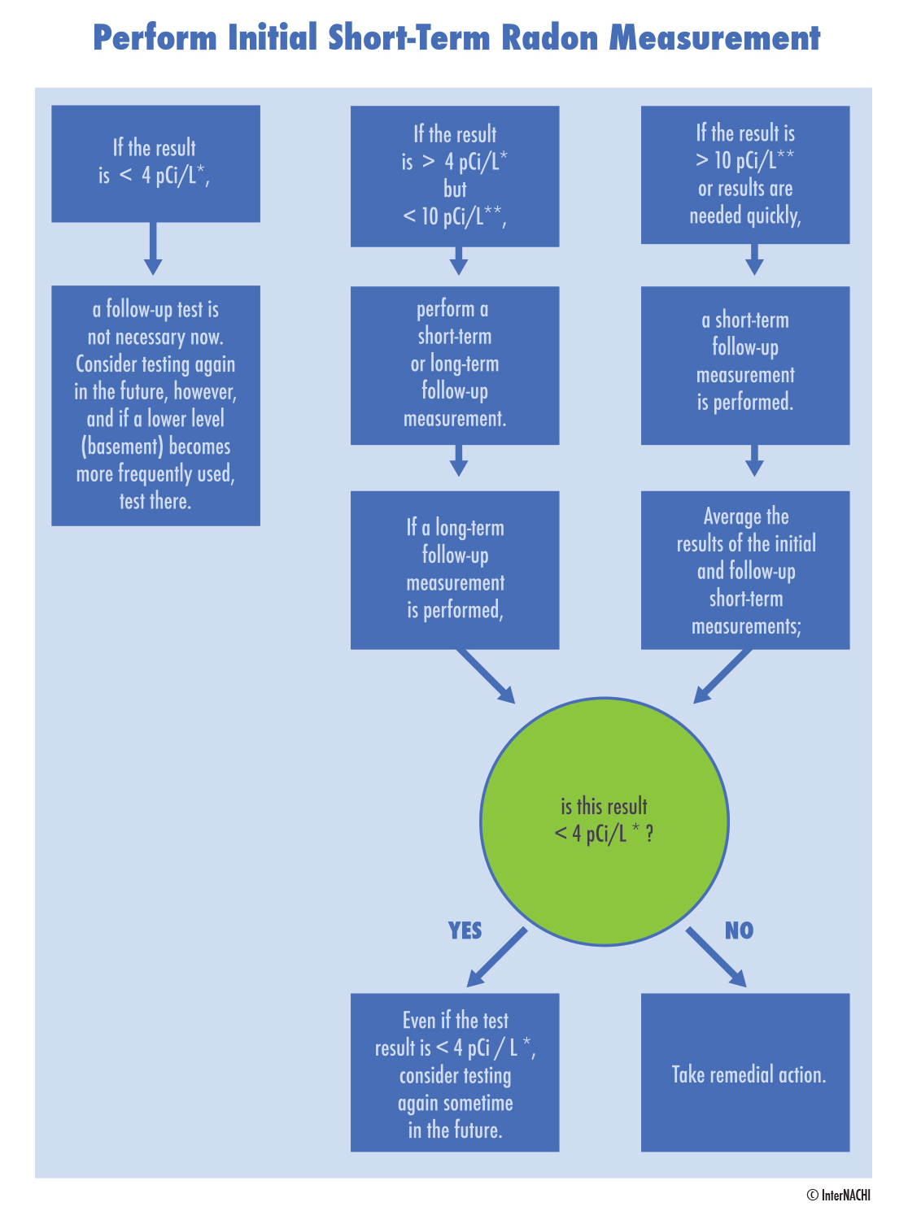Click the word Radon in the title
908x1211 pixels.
coord(549,38)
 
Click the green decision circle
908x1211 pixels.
coord(605,821)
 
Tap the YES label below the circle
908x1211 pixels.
coord(465,930)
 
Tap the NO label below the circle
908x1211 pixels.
coord(739,930)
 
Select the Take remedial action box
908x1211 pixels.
coord(745,1072)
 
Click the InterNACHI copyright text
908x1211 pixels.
coord(838,1195)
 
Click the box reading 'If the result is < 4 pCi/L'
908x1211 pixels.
coord(155,163)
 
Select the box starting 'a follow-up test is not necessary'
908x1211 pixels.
coord(155,405)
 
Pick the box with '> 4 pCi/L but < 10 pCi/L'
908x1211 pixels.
coord(455,176)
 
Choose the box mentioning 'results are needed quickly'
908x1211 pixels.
coord(745,175)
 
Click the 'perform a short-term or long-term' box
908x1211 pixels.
coord(455,365)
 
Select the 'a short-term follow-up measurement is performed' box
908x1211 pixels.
coord(745,365)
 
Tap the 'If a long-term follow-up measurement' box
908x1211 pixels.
coord(455,569)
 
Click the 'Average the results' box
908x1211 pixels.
coord(745,569)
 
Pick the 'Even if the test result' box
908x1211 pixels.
coord(455,1072)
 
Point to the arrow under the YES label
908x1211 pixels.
coord(496,957)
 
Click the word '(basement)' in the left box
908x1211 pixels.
coord(122,447)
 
